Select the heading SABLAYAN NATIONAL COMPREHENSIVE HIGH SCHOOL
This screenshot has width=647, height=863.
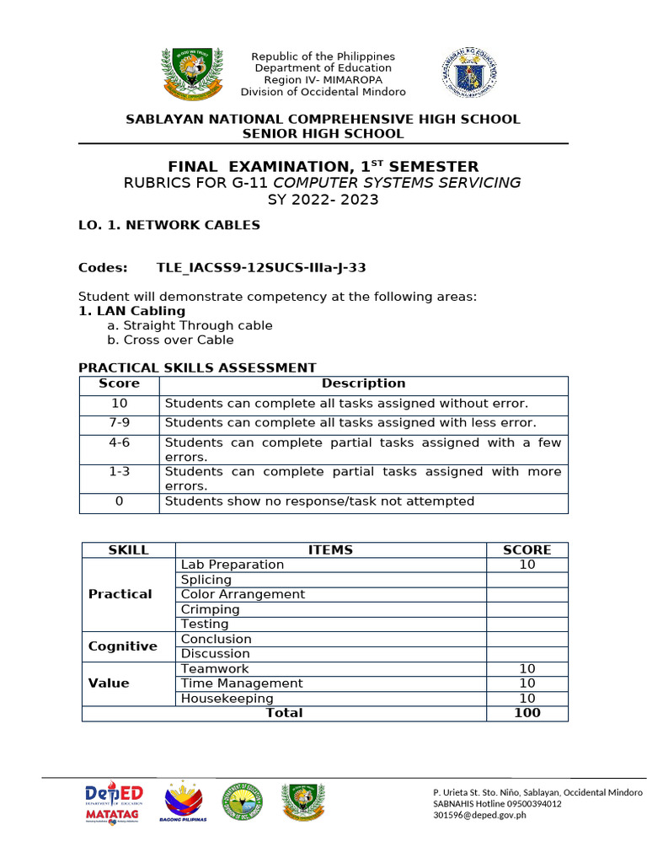[x=323, y=119]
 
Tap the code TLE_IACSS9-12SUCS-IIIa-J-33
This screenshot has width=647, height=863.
[x=261, y=268]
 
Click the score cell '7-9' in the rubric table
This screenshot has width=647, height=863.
[x=119, y=422]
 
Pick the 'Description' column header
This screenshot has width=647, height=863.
[x=363, y=383]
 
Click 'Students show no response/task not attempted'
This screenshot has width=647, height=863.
[x=319, y=501]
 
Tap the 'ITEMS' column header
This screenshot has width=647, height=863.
[x=330, y=549]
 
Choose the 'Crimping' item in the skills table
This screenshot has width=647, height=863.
[x=211, y=609]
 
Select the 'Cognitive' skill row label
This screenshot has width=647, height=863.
[x=123, y=646]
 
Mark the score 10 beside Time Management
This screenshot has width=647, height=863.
[x=527, y=683]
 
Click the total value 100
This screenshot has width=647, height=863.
[x=527, y=713]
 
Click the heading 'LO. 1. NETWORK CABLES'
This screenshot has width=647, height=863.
[x=168, y=225]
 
